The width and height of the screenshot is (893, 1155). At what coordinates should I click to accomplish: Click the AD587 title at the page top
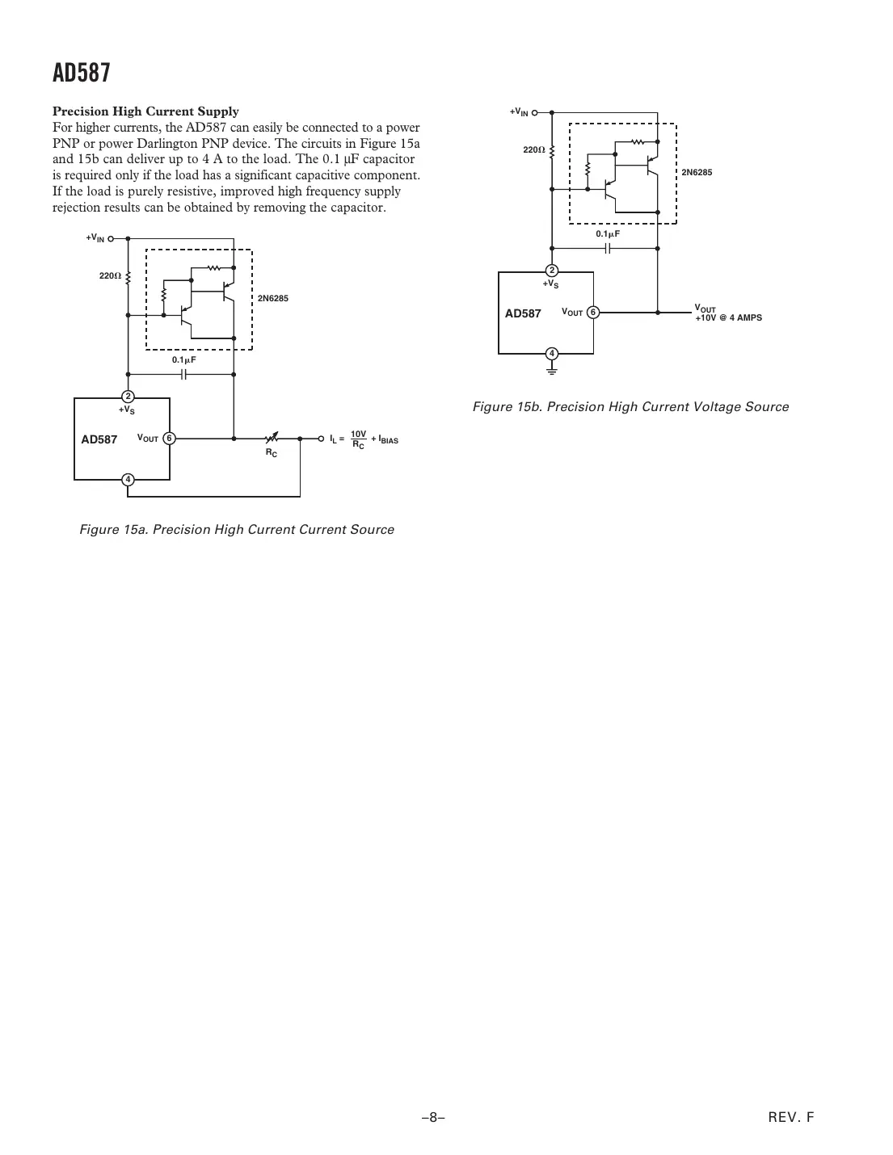[81, 73]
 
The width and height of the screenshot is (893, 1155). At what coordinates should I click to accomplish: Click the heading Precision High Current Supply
[145, 111]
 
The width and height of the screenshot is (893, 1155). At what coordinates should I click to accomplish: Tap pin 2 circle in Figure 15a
[128, 396]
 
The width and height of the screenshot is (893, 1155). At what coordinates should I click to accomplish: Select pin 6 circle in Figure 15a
[168, 438]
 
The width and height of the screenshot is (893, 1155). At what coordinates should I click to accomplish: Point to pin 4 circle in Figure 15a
[128, 480]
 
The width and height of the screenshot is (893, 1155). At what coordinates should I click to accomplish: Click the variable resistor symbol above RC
[272, 438]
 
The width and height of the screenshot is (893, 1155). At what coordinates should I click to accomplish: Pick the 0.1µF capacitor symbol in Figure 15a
[184, 374]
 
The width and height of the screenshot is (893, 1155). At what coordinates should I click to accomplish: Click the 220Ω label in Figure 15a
[109, 276]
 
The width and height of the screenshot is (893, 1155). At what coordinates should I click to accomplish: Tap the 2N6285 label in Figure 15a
[272, 299]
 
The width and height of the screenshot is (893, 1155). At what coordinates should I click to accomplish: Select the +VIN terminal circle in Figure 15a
[111, 239]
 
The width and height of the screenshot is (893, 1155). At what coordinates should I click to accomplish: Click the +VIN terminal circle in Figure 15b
[534, 112]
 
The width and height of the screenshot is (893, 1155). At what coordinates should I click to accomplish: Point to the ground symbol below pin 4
[551, 370]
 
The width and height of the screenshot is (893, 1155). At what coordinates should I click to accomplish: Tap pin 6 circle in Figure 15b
[592, 312]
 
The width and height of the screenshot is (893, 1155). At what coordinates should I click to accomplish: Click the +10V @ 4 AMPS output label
[728, 318]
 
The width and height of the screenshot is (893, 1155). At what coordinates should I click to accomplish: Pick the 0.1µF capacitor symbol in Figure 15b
[609, 248]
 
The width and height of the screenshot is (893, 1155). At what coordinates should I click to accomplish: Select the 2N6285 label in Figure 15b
[697, 173]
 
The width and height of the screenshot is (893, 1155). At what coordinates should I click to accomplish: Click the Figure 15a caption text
[237, 530]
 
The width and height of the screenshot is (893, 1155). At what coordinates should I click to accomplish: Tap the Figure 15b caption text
[630, 407]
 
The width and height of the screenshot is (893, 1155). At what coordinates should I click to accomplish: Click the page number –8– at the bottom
[433, 1118]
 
